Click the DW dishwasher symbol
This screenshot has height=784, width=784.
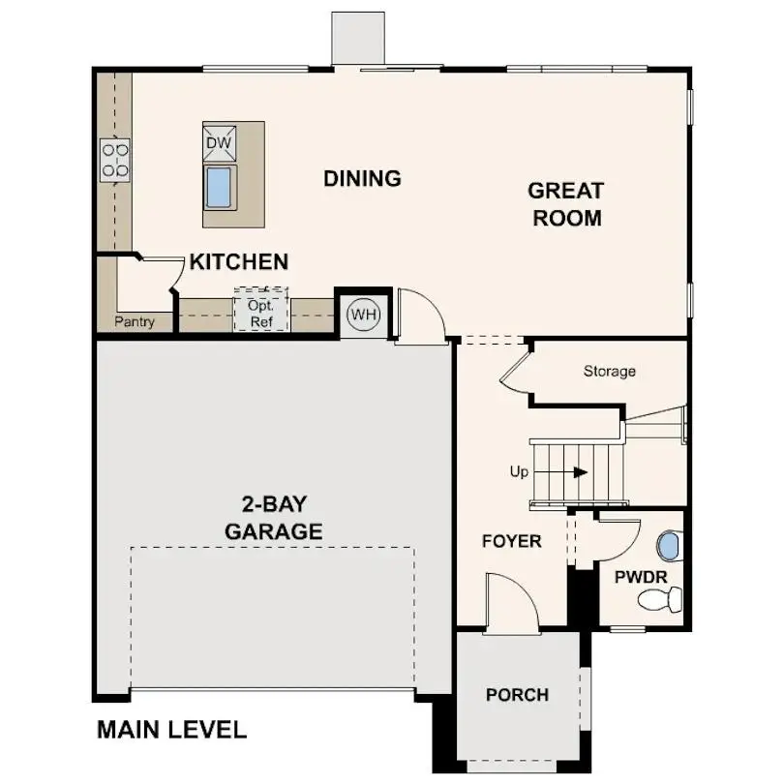(x=219, y=143)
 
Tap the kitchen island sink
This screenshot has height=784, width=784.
(x=220, y=186)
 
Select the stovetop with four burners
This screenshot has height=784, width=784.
(x=115, y=160)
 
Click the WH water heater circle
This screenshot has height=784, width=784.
(x=363, y=315)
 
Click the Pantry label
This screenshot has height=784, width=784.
(x=134, y=322)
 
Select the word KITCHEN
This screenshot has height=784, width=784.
(x=238, y=262)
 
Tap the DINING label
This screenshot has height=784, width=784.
(x=362, y=179)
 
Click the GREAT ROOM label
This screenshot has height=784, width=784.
(x=566, y=204)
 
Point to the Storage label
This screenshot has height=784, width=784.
(x=609, y=372)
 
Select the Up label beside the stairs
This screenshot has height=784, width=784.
(x=519, y=472)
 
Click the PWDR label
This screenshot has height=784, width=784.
(x=640, y=578)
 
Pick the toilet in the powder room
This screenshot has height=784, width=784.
(x=660, y=600)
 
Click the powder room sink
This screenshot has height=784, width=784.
(x=668, y=547)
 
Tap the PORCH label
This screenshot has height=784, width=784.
(x=517, y=695)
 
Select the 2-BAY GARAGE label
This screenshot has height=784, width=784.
(x=273, y=518)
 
